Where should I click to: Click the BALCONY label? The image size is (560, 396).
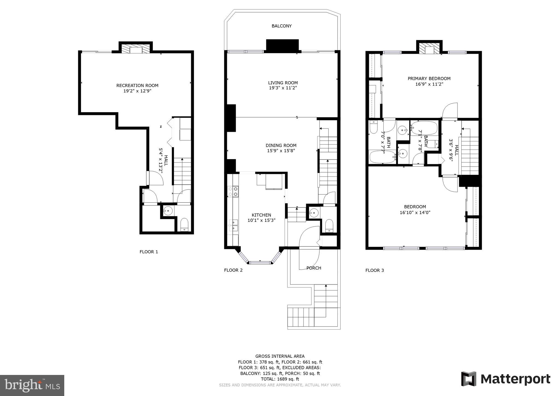click(x=281, y=26)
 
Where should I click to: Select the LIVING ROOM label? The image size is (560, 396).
click(x=283, y=83)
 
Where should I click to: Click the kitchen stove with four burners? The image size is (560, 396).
click(x=233, y=191)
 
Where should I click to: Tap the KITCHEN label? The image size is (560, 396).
click(x=261, y=215)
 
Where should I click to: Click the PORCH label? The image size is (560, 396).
click(x=314, y=268)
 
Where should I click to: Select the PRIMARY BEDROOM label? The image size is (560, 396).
click(x=429, y=78)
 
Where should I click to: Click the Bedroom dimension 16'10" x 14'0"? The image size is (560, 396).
click(x=415, y=212)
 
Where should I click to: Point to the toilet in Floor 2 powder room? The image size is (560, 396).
click(x=329, y=225)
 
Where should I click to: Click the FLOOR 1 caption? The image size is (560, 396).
click(x=149, y=252)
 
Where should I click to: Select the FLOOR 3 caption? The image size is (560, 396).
click(x=375, y=270)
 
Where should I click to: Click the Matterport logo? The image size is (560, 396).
click(x=506, y=379)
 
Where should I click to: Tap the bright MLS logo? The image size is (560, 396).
click(x=32, y=385)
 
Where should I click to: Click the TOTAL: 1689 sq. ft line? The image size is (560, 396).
click(x=280, y=379)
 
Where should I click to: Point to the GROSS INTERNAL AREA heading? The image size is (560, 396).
click(x=280, y=356)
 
